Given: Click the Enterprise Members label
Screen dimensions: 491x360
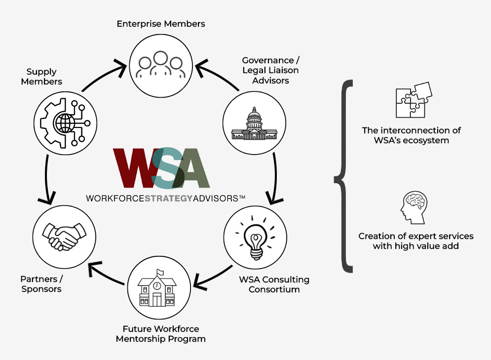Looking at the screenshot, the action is (161, 24).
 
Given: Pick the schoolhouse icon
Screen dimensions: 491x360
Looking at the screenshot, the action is (157, 288).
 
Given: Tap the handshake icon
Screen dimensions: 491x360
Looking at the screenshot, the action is (64, 237).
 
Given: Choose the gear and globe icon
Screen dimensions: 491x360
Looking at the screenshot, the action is (65, 123).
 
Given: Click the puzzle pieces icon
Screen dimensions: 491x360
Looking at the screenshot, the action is (414, 100).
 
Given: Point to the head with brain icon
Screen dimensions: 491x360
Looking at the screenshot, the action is (414, 207).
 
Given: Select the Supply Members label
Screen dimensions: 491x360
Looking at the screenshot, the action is (41, 77).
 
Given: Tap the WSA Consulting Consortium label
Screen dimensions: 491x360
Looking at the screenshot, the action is (274, 284).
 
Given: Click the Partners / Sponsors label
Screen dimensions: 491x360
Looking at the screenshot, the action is (41, 284).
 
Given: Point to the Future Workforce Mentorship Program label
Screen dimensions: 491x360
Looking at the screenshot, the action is (161, 334).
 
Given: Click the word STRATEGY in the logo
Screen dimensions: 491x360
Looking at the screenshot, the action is (168, 199).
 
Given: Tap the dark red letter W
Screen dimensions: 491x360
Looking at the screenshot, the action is (135, 168).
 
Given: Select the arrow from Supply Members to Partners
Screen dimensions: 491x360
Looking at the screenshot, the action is (46, 179).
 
